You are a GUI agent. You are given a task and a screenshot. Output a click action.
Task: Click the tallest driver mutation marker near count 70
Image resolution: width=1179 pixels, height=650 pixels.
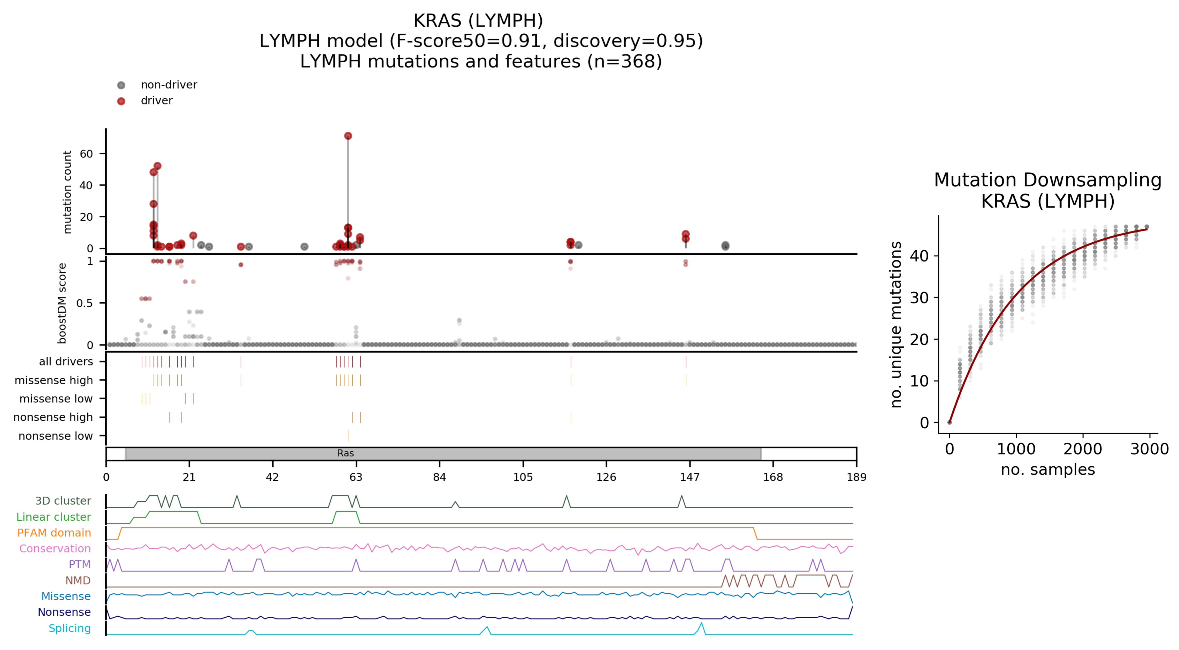pyautogui.click(x=348, y=136)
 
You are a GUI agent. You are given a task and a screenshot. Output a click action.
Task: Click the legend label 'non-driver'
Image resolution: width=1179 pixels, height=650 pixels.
pyautogui.click(x=169, y=85)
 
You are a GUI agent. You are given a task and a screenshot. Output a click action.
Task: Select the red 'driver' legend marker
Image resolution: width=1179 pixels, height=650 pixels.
pyautogui.click(x=121, y=101)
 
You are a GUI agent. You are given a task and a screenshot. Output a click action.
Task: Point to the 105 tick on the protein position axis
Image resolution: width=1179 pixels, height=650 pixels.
pyautogui.click(x=523, y=477)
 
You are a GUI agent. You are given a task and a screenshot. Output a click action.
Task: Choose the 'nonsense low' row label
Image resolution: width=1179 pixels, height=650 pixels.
pyautogui.click(x=55, y=436)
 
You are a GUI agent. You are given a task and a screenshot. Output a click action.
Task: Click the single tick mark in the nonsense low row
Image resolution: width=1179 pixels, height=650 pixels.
pyautogui.click(x=348, y=436)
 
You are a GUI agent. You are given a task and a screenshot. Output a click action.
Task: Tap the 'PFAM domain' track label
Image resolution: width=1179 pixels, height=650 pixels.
pyautogui.click(x=54, y=533)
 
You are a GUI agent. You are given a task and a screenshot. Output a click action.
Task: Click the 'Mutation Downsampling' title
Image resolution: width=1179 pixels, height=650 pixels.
pyautogui.click(x=1047, y=180)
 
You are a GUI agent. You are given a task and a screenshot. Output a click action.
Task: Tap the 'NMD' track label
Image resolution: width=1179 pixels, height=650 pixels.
pyautogui.click(x=78, y=580)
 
